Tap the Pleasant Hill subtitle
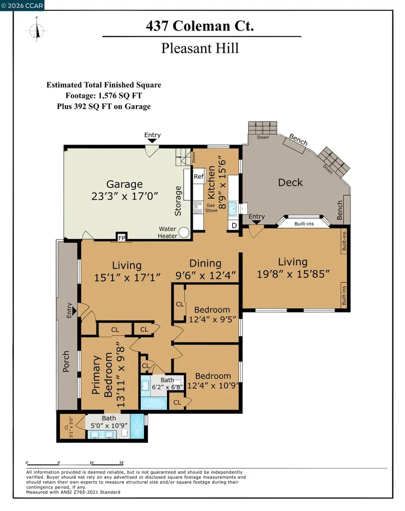pyautogui.click(x=200, y=47)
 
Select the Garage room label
pyautogui.click(x=124, y=184)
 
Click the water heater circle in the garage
pyautogui.click(x=184, y=232)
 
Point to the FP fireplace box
pyautogui.click(x=121, y=237)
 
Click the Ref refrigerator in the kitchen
pyautogui.click(x=198, y=177)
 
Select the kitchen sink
pyautogui.click(x=233, y=209)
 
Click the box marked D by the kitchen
pyautogui.click(x=234, y=225)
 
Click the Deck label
pyautogui.click(x=290, y=182)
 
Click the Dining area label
pyautogui.click(x=205, y=263)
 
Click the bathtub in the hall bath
pyautogui.click(x=154, y=403)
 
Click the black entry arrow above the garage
pyautogui.click(x=152, y=141)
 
